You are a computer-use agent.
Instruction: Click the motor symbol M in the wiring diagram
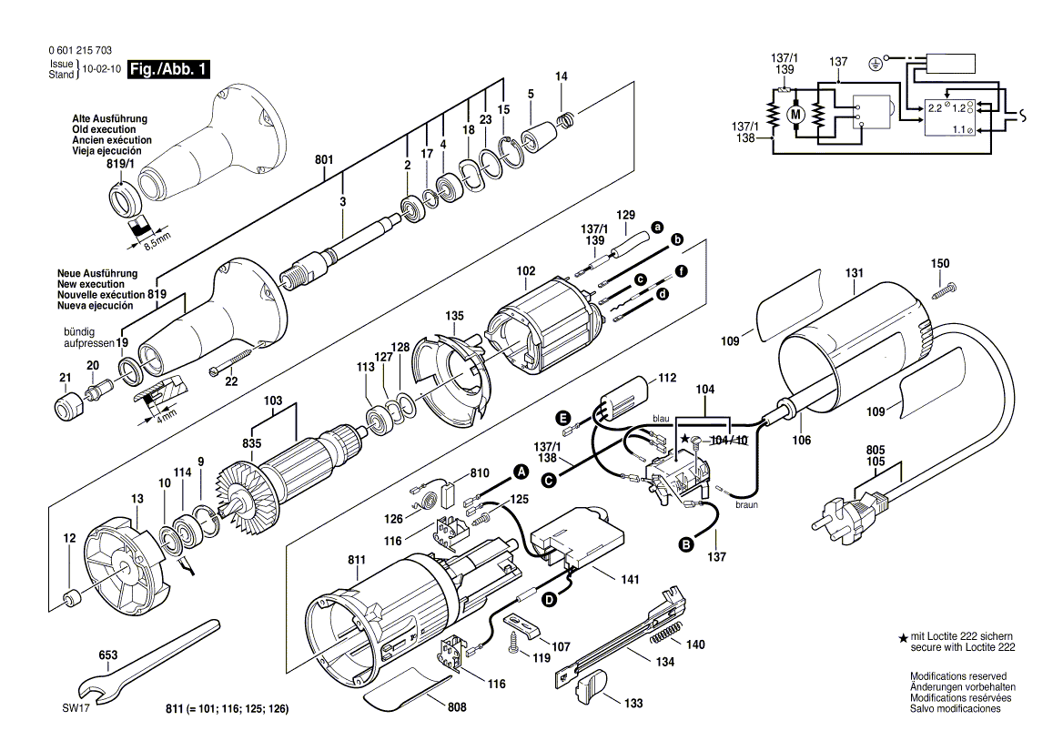click(795, 115)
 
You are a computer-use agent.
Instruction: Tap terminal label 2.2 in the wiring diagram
click(935, 107)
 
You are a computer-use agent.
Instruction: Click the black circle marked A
click(521, 472)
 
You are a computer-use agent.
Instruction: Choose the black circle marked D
click(550, 600)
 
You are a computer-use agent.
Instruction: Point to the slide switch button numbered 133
click(590, 686)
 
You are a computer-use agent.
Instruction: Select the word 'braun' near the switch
click(746, 503)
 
